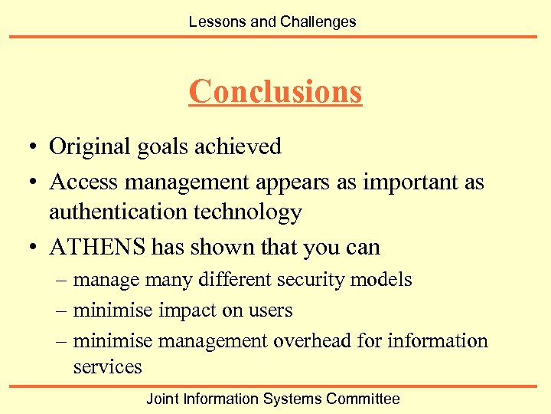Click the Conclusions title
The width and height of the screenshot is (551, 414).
pos(275,91)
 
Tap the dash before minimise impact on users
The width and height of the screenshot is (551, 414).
pos(62,310)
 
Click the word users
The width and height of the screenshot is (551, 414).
pos(269,310)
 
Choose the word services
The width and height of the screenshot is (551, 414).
pos(107,366)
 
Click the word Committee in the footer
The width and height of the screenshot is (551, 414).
pos(363,399)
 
